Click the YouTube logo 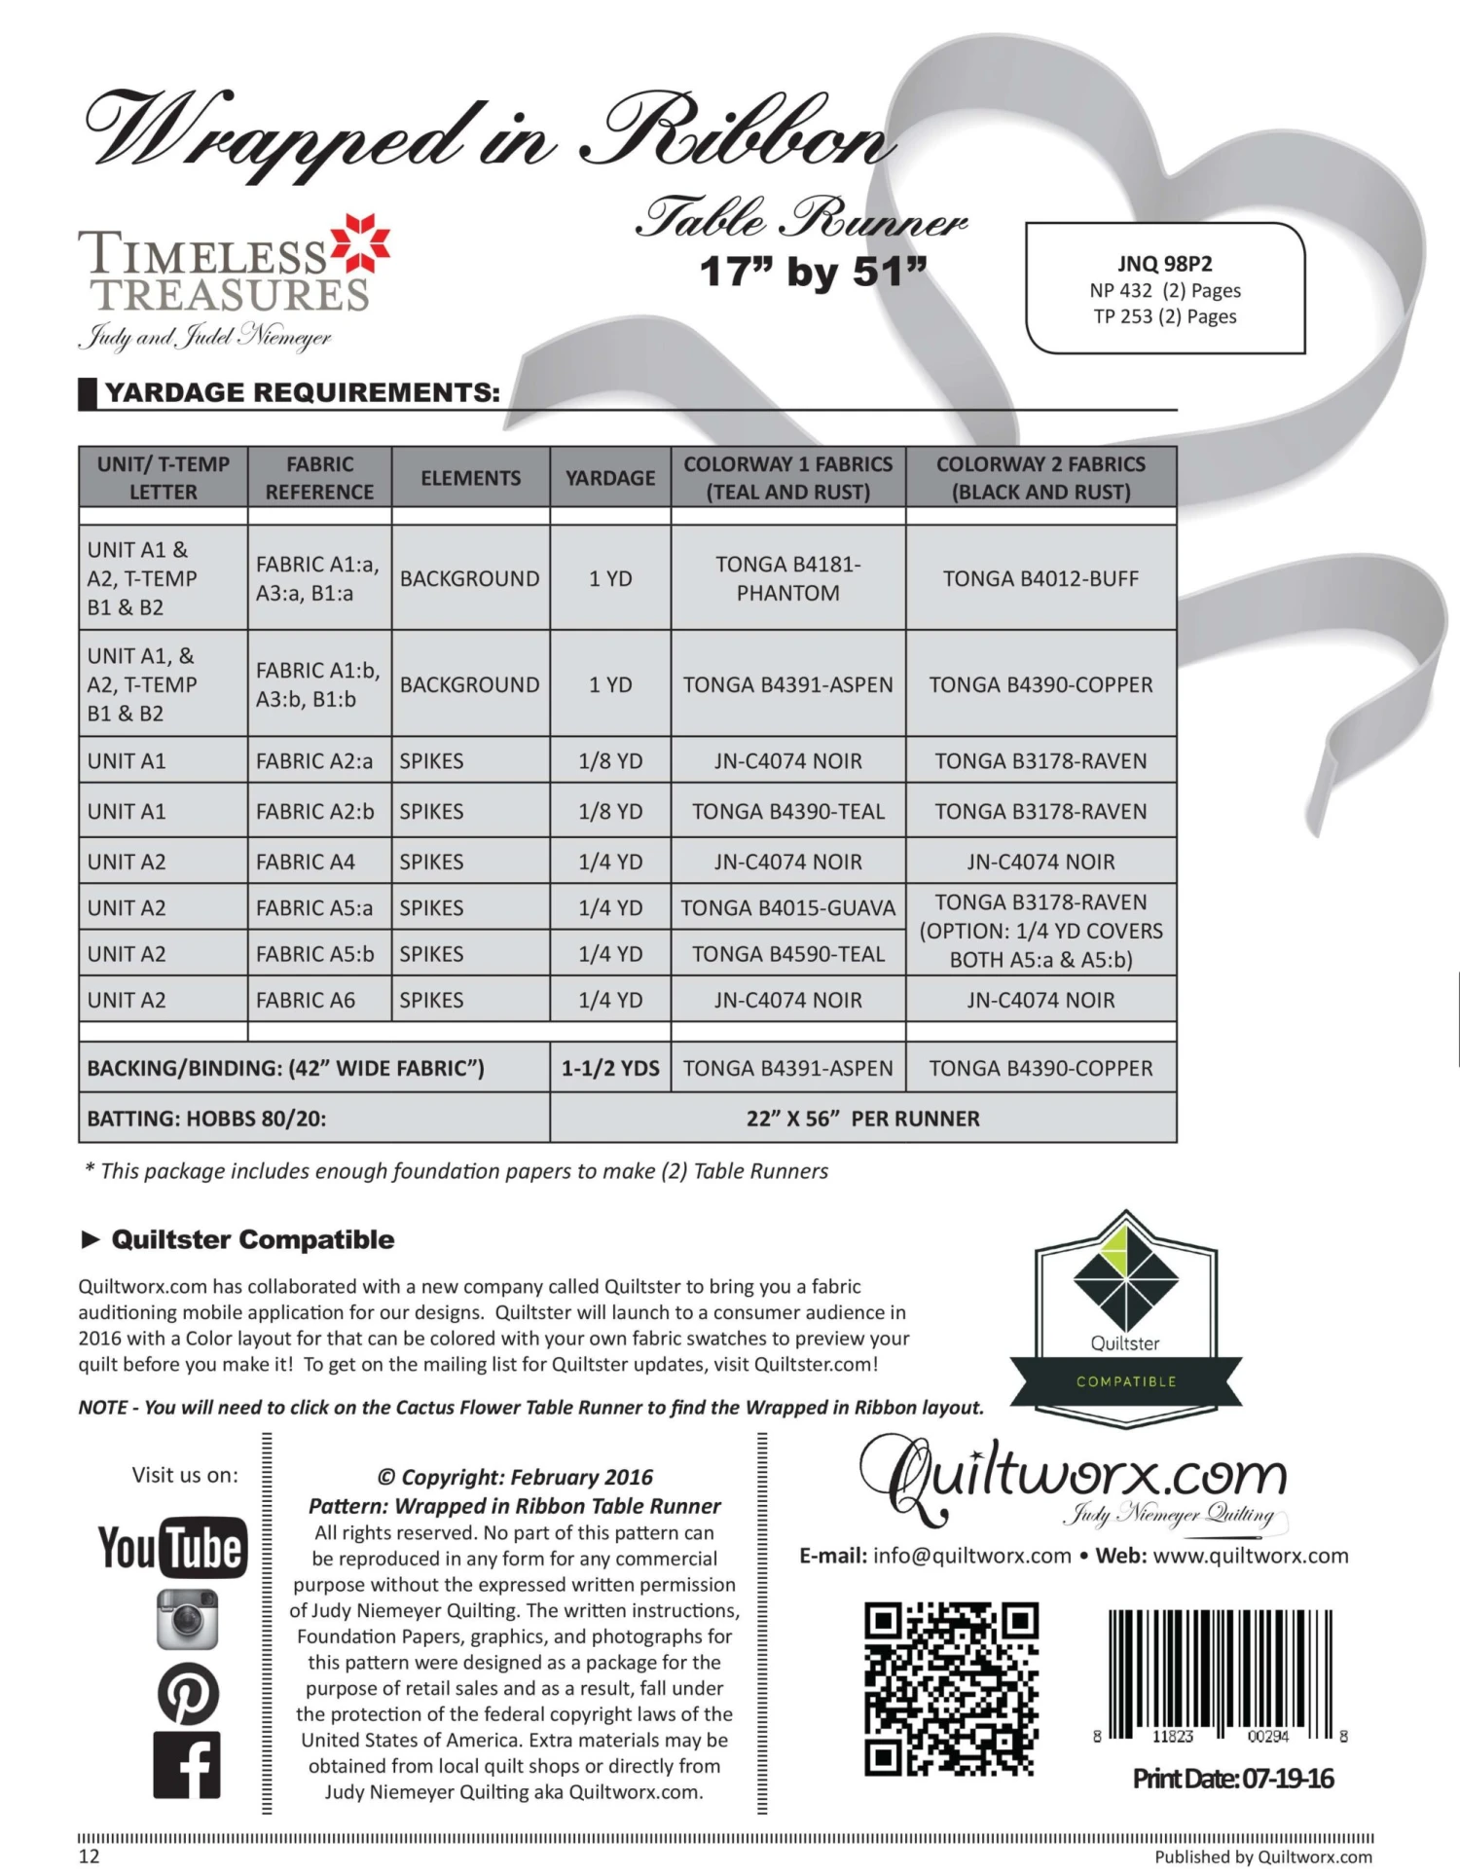pyautogui.click(x=172, y=1547)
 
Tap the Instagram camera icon pyautogui.click(x=187, y=1620)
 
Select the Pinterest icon pyautogui.click(x=187, y=1694)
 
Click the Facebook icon pyautogui.click(x=187, y=1765)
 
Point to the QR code pyautogui.click(x=951, y=1689)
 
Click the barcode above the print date pyautogui.click(x=1221, y=1674)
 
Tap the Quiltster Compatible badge pyautogui.click(x=1125, y=1319)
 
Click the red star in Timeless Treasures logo pyautogui.click(x=361, y=243)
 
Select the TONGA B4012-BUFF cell pyautogui.click(x=1040, y=578)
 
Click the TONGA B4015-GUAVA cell pyautogui.click(x=787, y=908)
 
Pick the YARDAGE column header pyautogui.click(x=610, y=478)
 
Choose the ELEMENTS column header pyautogui.click(x=470, y=478)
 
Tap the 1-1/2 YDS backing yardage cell pyautogui.click(x=610, y=1068)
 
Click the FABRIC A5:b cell pyautogui.click(x=314, y=954)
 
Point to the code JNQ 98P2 pyautogui.click(x=1164, y=264)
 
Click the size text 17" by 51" pyautogui.click(x=813, y=272)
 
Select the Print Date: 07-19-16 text pyautogui.click(x=1232, y=1779)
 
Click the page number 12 pyautogui.click(x=89, y=1856)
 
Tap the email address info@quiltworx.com pyautogui.click(x=971, y=1556)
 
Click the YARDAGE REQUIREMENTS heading pyautogui.click(x=302, y=392)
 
